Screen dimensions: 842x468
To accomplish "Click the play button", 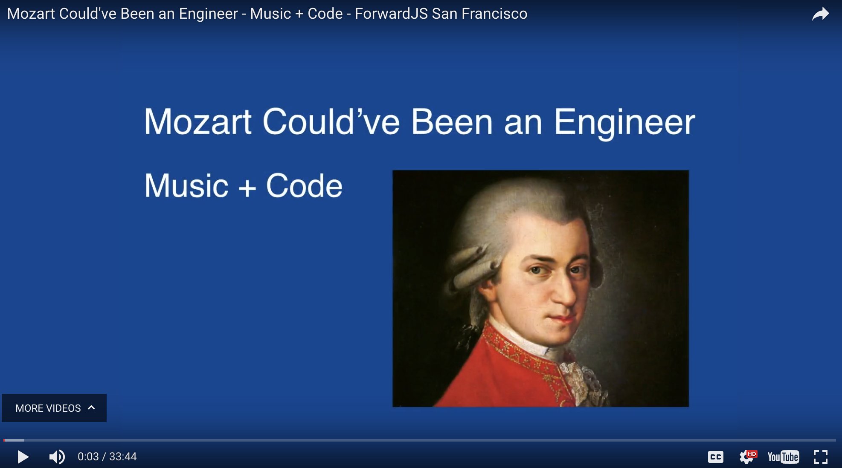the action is tap(23, 457).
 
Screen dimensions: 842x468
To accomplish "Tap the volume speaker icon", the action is tap(57, 457).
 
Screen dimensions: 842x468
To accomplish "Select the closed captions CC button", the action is tap(715, 457).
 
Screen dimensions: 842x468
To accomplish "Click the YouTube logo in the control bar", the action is tap(783, 457).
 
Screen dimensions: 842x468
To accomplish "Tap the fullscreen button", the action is tap(821, 457).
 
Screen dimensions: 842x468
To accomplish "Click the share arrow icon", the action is tap(820, 14).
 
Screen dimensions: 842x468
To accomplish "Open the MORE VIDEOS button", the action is tap(54, 408).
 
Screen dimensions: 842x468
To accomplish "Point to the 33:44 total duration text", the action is tap(123, 456).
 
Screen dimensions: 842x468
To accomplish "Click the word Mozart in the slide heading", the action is tap(198, 122).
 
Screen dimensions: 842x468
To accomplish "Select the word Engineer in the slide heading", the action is tap(624, 123).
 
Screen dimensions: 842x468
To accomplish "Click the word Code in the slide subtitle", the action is tap(304, 186).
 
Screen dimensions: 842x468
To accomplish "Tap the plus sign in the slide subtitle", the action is tap(247, 188).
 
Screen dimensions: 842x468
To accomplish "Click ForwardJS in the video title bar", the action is tap(392, 14).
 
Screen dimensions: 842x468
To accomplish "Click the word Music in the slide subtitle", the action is tap(186, 186).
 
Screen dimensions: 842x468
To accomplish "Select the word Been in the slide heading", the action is tap(452, 122).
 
